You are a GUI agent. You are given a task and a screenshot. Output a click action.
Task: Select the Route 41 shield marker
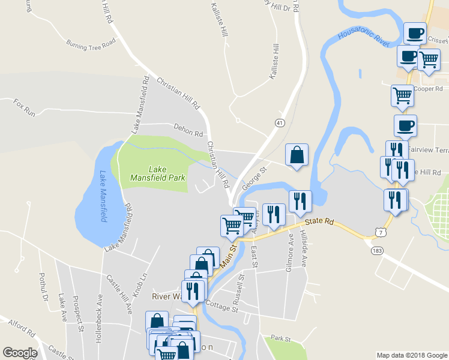coord(280,122)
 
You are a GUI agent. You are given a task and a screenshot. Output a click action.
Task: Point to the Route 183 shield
coord(376,250)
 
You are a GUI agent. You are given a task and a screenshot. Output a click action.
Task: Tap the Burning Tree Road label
coord(91,44)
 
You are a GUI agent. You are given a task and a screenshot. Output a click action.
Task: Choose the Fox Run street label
coord(25,107)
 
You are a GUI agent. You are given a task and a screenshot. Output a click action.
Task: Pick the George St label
coord(254,181)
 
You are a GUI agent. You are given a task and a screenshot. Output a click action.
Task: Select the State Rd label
coord(319,221)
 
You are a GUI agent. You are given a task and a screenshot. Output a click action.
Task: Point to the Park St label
coord(280,338)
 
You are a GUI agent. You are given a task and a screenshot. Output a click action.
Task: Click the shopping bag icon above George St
coord(297,155)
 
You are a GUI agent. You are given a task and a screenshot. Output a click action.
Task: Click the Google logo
coord(20,353)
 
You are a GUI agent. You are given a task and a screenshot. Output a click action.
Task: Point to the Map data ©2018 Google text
coord(411,355)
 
